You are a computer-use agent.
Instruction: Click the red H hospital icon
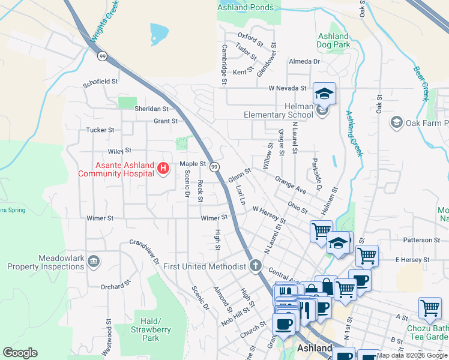[x=162, y=169]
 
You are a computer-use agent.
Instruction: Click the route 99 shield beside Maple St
[x=214, y=166]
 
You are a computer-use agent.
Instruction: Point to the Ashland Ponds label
[x=246, y=8]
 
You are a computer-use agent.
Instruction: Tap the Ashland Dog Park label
[x=333, y=40]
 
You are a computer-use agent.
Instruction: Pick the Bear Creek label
[x=421, y=83]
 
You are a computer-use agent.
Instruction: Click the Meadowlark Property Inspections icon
[x=94, y=261]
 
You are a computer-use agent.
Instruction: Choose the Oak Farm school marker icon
[x=396, y=123]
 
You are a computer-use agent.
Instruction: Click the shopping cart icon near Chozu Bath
[x=430, y=308]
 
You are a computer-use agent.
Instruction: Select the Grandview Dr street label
[x=145, y=253]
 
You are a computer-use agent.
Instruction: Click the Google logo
[x=20, y=353]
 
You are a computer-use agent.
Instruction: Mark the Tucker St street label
[x=100, y=130]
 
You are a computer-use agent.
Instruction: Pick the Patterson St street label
[x=421, y=240]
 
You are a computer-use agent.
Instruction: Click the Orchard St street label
[x=115, y=285]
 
